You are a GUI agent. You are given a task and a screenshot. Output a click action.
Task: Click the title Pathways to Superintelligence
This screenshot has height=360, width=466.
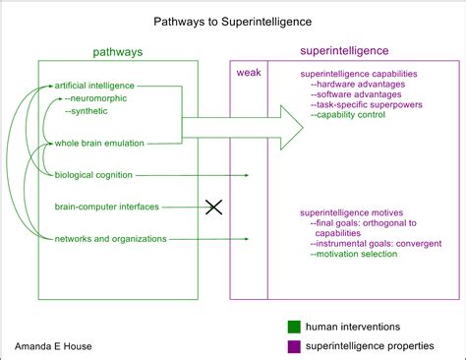(x=233, y=21)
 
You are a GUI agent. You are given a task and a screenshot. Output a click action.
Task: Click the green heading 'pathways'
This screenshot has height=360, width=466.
(x=118, y=51)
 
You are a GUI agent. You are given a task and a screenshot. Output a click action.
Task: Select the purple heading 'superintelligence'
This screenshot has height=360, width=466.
(x=343, y=50)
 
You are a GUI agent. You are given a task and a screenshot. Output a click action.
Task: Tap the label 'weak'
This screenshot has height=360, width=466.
(x=248, y=73)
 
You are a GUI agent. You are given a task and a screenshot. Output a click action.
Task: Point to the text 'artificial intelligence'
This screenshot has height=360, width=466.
(x=95, y=86)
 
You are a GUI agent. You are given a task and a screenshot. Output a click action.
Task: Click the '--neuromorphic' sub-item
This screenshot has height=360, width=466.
(x=97, y=98)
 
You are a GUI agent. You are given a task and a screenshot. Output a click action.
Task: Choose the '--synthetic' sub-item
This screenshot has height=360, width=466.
(x=89, y=111)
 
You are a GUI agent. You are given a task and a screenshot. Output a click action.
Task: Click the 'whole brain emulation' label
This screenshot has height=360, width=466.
(x=99, y=144)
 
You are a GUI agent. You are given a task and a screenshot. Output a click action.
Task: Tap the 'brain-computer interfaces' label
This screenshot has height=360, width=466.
(x=107, y=207)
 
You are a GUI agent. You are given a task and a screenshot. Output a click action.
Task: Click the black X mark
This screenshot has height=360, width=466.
(x=213, y=207)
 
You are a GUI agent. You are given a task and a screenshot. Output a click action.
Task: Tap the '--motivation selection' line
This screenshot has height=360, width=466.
(x=353, y=254)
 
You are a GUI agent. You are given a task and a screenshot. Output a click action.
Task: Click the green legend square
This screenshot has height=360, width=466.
(x=293, y=326)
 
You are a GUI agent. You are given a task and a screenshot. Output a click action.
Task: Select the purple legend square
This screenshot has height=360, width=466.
(x=293, y=345)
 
